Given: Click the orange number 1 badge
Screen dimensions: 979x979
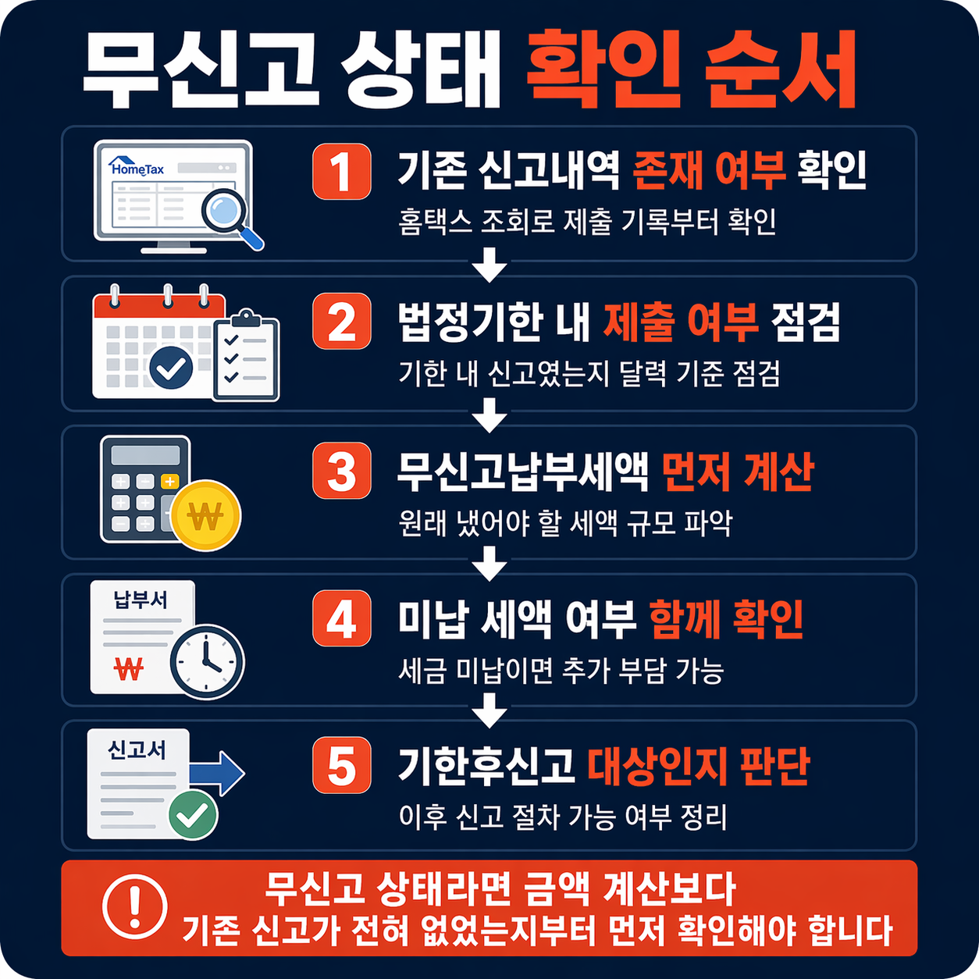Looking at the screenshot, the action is click(341, 171).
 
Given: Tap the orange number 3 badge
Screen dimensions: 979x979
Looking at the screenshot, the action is click(341, 471).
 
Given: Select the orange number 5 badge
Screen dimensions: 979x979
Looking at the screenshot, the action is click(341, 764).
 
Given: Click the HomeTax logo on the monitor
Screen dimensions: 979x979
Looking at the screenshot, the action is click(136, 166).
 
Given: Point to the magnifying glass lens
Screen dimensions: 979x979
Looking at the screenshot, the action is click(223, 209).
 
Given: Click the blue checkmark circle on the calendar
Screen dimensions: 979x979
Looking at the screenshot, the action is click(171, 368).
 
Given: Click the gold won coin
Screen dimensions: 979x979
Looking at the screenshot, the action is click(206, 515).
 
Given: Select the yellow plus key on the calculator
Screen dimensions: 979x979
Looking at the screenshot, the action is click(169, 481).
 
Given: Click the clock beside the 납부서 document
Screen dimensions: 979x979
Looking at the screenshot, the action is click(208, 662).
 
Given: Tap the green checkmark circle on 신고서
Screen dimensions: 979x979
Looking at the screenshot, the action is click(193, 815).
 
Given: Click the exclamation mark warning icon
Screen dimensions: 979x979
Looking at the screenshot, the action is click(134, 907).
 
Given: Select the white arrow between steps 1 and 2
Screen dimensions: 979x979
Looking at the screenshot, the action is click(489, 265).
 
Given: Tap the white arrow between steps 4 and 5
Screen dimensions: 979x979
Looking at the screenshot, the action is click(489, 710).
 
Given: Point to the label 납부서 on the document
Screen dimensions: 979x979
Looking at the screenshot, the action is click(141, 600).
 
